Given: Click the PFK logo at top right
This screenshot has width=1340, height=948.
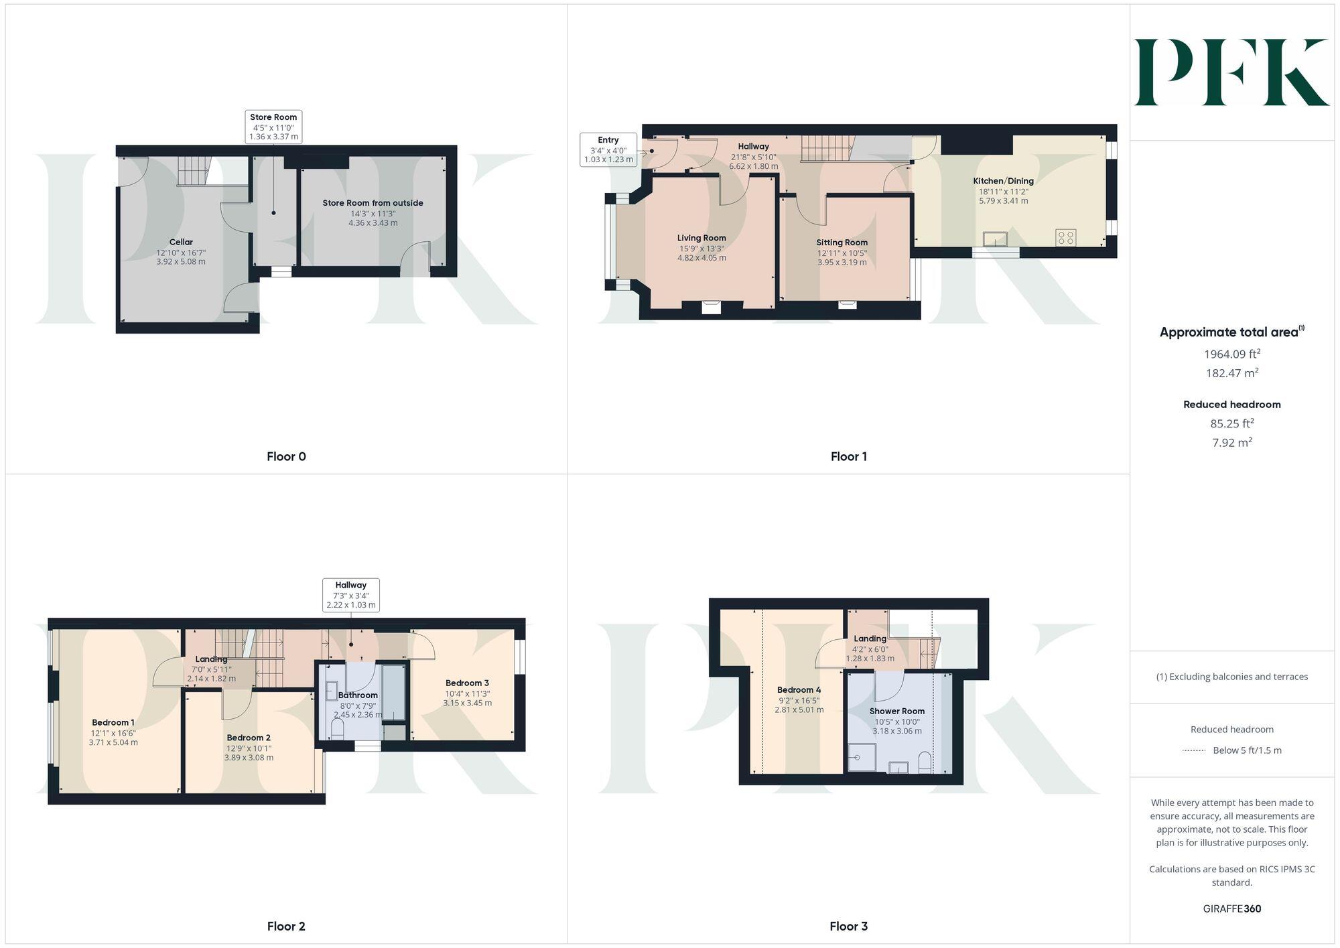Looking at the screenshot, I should click(x=1231, y=72).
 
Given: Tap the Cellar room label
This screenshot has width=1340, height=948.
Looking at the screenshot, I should click(x=181, y=242).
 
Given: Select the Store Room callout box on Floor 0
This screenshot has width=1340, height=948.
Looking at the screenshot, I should click(x=273, y=127).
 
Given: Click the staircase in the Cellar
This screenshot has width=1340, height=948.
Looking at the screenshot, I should click(x=193, y=171).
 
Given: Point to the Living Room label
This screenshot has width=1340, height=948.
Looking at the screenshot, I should click(x=701, y=238).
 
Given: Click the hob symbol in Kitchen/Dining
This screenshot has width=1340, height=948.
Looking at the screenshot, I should click(x=1065, y=237).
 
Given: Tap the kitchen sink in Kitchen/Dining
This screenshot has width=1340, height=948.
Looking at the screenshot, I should click(x=995, y=239).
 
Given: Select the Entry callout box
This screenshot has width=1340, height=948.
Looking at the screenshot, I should click(x=608, y=149).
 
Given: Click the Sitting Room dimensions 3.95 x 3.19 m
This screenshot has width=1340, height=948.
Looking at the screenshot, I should click(x=842, y=262).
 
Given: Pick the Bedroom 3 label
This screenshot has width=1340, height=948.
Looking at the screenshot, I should click(x=467, y=683).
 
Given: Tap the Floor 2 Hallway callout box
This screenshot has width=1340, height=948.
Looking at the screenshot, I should click(x=350, y=595).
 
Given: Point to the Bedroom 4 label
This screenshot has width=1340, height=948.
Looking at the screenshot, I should click(x=799, y=689).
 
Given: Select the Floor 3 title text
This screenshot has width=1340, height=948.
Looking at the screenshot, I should click(x=848, y=926).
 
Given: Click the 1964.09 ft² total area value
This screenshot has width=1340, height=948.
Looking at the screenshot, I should click(x=1231, y=354).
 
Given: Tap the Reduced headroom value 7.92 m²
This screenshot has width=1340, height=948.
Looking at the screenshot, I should click(x=1231, y=442).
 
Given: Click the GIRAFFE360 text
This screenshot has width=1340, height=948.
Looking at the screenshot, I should click(x=1231, y=908).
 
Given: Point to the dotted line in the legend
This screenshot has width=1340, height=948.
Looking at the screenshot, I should click(x=1194, y=750).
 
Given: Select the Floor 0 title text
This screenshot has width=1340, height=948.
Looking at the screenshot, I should click(x=286, y=456).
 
